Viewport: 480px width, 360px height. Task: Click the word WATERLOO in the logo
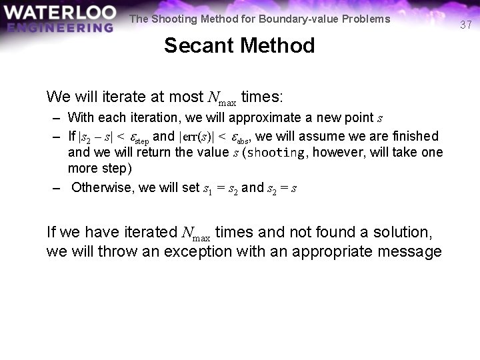coord(58,13)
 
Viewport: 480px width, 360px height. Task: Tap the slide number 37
coord(466,25)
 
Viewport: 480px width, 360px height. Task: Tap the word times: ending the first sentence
coord(262,97)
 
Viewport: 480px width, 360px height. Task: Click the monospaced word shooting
coord(275,153)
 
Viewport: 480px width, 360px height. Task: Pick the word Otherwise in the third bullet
coord(102,187)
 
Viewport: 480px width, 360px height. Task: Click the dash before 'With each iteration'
coord(57,119)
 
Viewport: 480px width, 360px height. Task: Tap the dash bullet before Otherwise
coord(57,187)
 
